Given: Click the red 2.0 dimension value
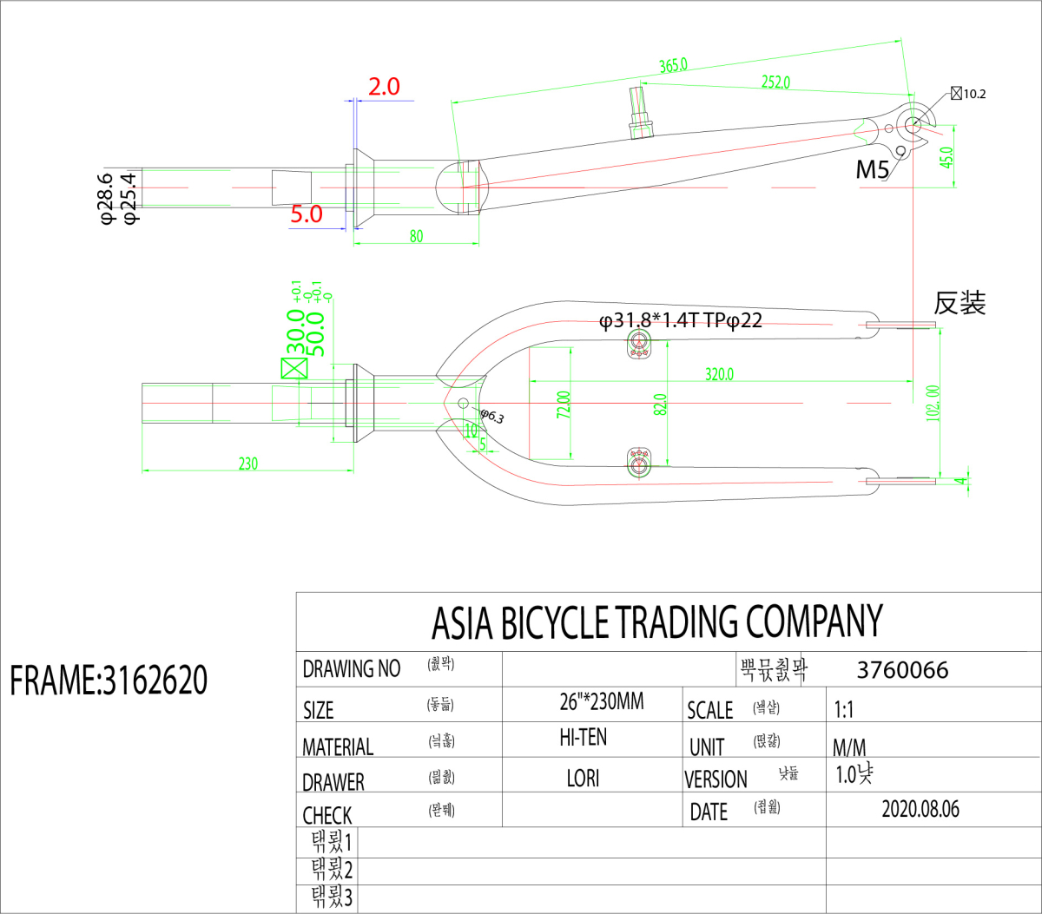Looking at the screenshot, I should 384,87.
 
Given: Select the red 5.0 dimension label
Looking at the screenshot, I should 307,214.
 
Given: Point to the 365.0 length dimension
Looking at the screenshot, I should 673,65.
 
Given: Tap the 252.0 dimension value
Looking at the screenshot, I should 775,82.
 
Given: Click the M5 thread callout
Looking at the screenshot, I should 873,169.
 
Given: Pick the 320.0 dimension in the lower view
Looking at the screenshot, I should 719,374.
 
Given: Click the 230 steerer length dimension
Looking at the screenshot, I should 248,464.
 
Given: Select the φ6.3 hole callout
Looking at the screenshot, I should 492,417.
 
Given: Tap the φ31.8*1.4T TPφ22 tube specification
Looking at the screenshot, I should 681,321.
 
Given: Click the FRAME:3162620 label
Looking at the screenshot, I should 109,680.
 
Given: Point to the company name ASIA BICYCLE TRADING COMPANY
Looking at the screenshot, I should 657,621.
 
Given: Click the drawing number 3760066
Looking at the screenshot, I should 902,670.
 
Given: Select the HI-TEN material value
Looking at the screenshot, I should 584,738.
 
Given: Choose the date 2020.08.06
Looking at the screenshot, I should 920,809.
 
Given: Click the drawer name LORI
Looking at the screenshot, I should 583,778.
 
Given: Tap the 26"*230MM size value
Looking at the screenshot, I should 602,701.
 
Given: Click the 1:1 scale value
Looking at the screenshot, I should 844,710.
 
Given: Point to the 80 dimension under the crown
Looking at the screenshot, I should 417,236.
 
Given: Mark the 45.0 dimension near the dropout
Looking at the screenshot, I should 946,157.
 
